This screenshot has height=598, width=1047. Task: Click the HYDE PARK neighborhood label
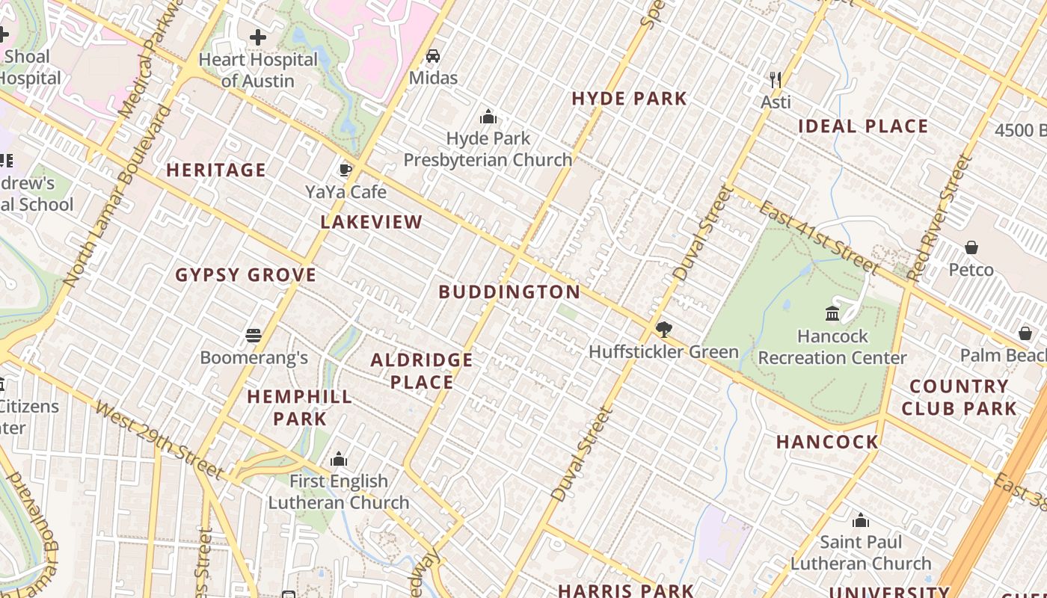(x=629, y=99)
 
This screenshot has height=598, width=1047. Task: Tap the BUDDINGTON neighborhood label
(x=509, y=292)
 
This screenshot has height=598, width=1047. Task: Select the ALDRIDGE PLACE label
(x=422, y=372)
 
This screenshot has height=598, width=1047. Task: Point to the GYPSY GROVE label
(x=246, y=275)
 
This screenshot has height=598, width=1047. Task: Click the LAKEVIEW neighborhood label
(x=372, y=222)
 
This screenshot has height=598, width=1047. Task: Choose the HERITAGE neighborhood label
(x=216, y=170)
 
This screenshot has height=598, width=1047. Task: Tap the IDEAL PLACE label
(x=863, y=126)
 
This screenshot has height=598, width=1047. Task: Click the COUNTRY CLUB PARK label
(x=959, y=398)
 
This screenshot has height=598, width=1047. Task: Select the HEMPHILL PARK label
(x=300, y=407)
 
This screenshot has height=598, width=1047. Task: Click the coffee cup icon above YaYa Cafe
(x=346, y=170)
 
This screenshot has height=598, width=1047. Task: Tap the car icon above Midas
(x=433, y=56)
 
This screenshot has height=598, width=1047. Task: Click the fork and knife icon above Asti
(x=776, y=79)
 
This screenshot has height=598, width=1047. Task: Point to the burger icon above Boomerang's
(x=254, y=336)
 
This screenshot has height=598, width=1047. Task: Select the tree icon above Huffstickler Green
(x=663, y=330)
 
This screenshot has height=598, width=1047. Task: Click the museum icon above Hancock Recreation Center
(x=832, y=314)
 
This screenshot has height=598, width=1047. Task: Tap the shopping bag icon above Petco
(x=971, y=247)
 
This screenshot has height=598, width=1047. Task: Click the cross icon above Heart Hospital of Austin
(x=258, y=37)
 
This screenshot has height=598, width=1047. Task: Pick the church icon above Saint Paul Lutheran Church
(x=861, y=520)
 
